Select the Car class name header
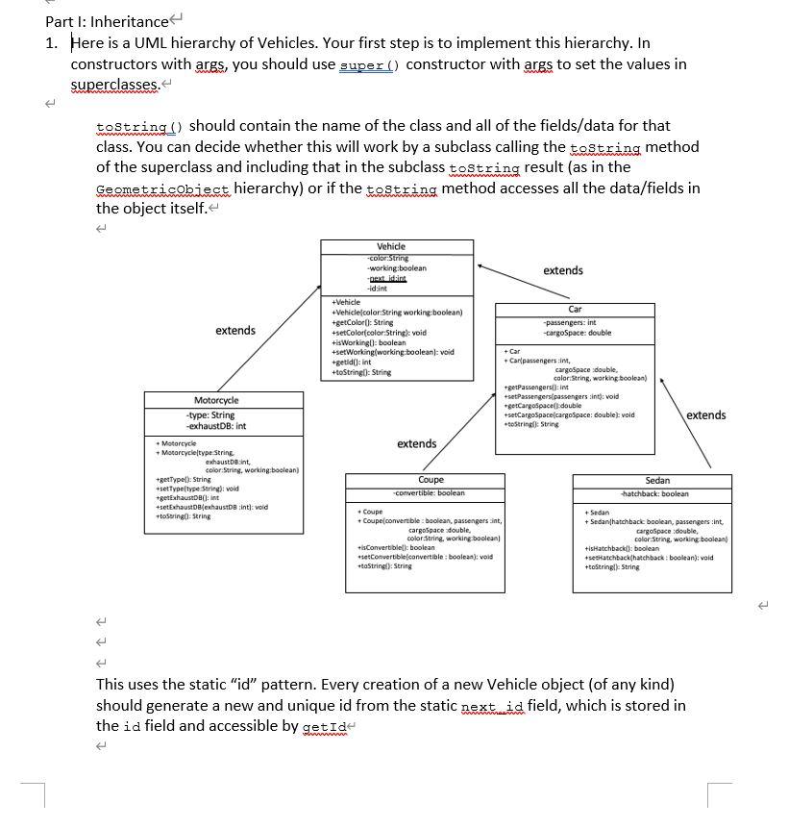[x=575, y=310]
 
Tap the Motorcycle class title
[x=216, y=400]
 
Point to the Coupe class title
[x=431, y=480]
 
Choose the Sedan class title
[x=657, y=480]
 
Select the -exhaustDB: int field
[x=216, y=426]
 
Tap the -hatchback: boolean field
[x=654, y=494]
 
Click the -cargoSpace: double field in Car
[x=577, y=333]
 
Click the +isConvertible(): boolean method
[x=396, y=548]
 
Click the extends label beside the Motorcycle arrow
[x=235, y=331]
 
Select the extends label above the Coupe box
[x=416, y=443]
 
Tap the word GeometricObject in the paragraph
[x=163, y=188]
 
